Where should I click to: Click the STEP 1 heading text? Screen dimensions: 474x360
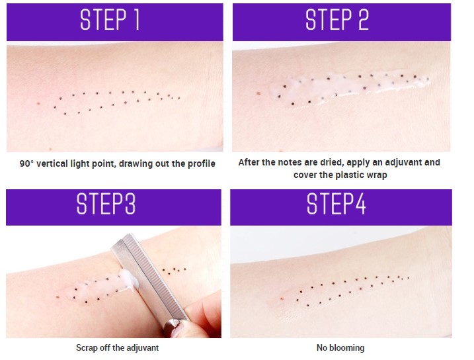point(110,20)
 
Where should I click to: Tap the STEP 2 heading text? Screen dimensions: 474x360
point(337,20)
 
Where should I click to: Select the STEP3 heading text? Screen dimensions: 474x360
point(106,204)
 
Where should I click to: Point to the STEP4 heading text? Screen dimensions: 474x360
point(336,204)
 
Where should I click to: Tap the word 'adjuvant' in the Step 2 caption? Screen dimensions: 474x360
point(404,162)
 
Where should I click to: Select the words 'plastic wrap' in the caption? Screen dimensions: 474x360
point(363,175)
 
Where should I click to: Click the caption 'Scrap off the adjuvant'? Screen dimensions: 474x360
point(117,347)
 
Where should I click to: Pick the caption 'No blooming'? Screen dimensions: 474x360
point(340,347)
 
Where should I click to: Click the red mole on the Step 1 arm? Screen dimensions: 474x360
point(38,103)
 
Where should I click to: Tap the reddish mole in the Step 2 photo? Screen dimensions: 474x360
point(258,94)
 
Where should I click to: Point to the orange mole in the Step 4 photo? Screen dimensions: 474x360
point(282,298)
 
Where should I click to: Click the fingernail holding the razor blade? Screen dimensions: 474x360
point(172,327)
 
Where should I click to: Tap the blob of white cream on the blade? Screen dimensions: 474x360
point(130,280)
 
